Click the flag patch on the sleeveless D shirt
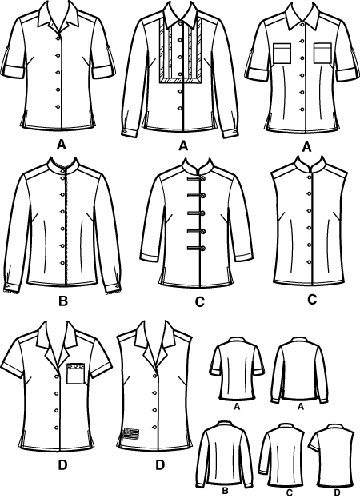(x=131, y=433)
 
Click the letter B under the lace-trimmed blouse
(x=63, y=301)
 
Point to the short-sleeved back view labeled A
(x=236, y=369)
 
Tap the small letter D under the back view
(x=338, y=493)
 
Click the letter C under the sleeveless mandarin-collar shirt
(x=312, y=300)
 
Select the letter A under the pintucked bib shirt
(x=183, y=145)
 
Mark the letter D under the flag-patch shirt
(x=160, y=465)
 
